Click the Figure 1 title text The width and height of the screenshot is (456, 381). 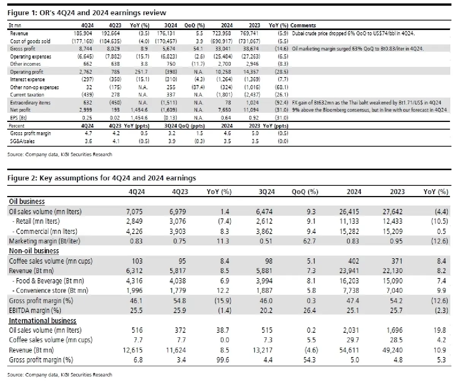pyautogui.click(x=87, y=13)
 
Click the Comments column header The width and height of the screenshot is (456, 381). pyautogui.click(x=303, y=25)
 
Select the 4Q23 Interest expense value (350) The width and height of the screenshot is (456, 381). pyautogui.click(x=116, y=79)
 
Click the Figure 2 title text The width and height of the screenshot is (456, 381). pyautogui.click(x=101, y=178)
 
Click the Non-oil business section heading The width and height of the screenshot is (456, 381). pyautogui.click(x=34, y=251)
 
